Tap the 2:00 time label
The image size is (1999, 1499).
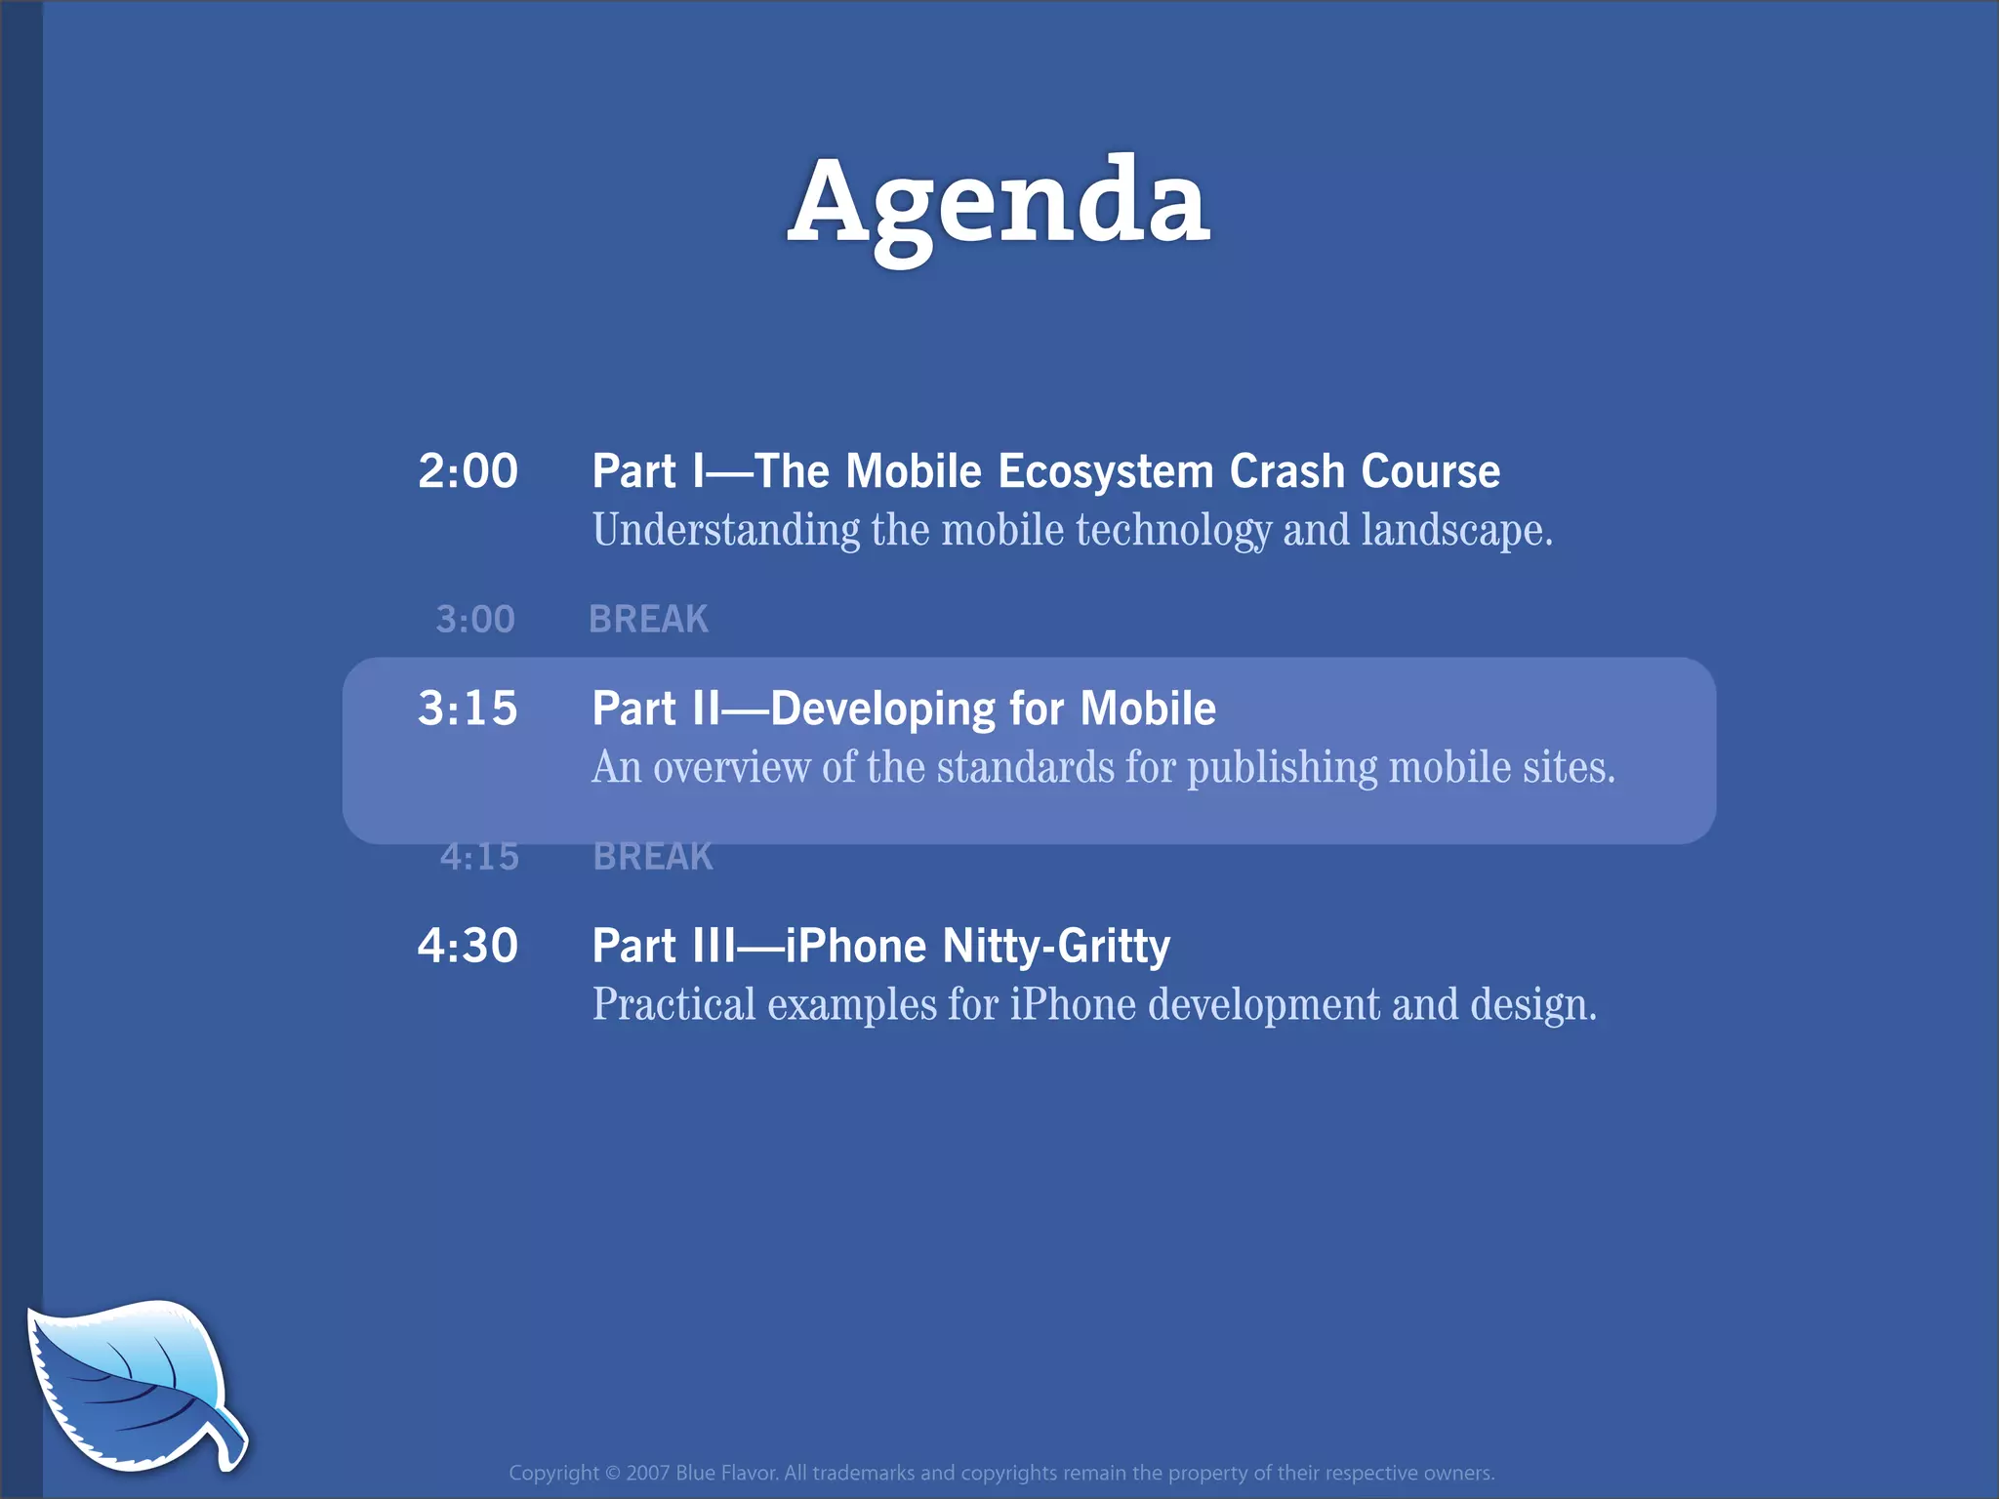coord(468,471)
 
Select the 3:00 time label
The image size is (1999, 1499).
coord(475,620)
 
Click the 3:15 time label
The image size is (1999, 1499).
coord(468,709)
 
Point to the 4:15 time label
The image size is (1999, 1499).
coord(479,857)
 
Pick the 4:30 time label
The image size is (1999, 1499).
coord(468,946)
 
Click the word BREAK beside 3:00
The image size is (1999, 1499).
coord(648,620)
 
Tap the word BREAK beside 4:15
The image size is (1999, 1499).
coord(653,857)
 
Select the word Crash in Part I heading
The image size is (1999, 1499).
coord(1286,471)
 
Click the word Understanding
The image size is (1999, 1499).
coord(726,531)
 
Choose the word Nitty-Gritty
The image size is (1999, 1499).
coord(1056,947)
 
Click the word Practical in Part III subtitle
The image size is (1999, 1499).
coord(673,1005)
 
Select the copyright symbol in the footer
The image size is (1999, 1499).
coord(612,1473)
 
